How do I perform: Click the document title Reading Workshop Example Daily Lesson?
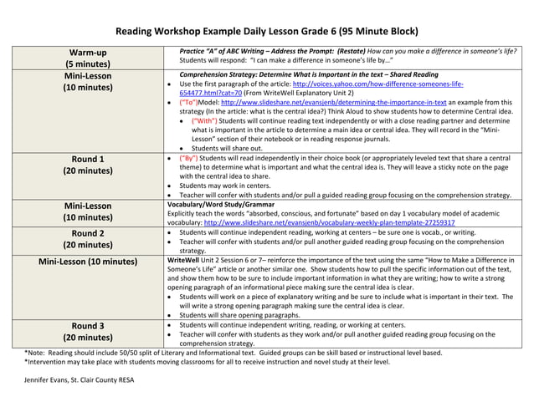click(266, 32)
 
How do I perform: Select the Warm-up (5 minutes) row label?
click(87, 58)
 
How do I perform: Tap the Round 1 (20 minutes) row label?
click(87, 165)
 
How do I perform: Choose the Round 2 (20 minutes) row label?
click(87, 239)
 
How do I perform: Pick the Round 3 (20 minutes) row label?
click(87, 332)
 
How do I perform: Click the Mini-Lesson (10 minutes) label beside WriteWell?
click(87, 262)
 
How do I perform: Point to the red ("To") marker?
click(188, 102)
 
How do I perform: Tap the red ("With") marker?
click(204, 120)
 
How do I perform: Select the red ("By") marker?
click(190, 158)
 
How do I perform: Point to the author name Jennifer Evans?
click(79, 380)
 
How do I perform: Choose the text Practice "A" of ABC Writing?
click(233, 51)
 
